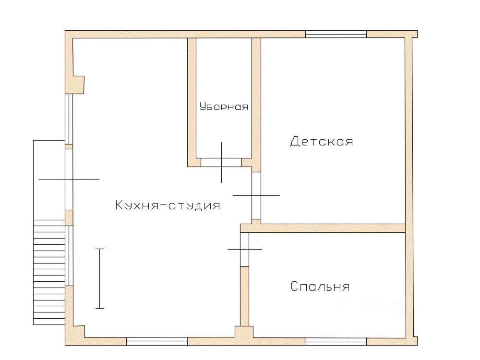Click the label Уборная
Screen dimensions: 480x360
[x=224, y=106]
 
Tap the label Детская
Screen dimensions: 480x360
[x=322, y=142]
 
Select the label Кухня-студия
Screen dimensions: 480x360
[x=168, y=205]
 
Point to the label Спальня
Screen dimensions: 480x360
[x=320, y=287]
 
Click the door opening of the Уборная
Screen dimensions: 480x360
[x=221, y=163]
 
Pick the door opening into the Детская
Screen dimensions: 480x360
[x=256, y=196]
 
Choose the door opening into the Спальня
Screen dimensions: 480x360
[x=244, y=250]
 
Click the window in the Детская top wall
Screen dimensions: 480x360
[x=336, y=34]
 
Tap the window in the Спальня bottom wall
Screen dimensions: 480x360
[x=336, y=342]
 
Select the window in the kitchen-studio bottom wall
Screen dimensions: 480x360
[x=157, y=341]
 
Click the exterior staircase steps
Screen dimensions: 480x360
[x=49, y=272]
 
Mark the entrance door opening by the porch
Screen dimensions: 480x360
[x=69, y=180]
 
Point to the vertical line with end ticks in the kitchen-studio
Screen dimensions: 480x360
[x=99, y=278]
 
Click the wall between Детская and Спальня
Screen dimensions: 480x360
[x=323, y=228]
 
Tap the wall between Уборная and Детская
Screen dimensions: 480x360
[x=256, y=105]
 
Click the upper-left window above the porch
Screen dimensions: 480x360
[x=69, y=119]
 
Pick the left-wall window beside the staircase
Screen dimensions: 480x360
[x=69, y=256]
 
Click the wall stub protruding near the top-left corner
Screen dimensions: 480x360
[x=78, y=85]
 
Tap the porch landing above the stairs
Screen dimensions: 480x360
[x=49, y=180]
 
